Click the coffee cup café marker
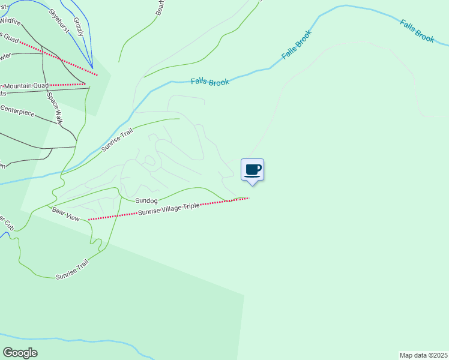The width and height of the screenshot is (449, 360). point(253,170)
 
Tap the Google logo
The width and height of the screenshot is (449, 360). point(20,352)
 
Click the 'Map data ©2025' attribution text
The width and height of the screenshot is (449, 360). point(423,355)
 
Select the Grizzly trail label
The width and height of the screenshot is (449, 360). point(79,26)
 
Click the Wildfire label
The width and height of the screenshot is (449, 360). point(10,22)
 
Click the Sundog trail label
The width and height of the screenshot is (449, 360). point(146,200)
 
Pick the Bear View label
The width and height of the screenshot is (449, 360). point(65,213)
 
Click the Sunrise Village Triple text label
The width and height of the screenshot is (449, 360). point(169,209)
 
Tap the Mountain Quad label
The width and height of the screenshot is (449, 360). point(27,85)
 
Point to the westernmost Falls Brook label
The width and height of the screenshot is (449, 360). point(210,82)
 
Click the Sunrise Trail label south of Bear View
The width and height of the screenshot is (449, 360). point(72,269)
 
